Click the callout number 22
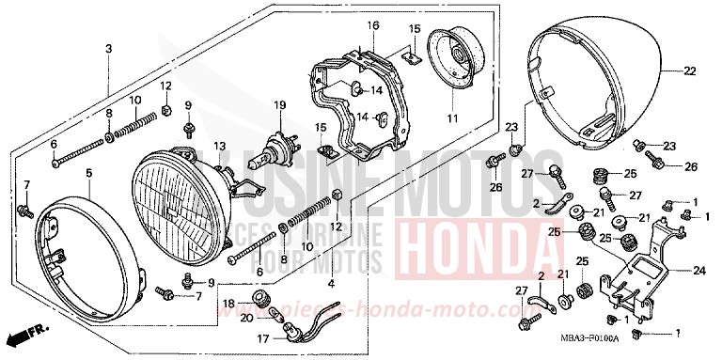click(689, 72)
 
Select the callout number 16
click(372, 23)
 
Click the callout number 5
click(88, 173)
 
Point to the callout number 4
click(330, 282)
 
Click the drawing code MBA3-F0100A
click(591, 337)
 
